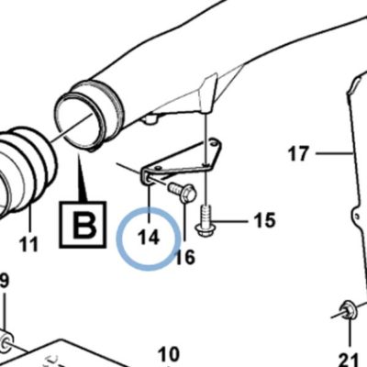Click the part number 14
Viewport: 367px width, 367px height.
point(149,238)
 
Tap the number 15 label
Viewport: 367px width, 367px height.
point(265,220)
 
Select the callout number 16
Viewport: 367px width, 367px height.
point(185,257)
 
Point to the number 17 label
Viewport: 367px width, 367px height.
point(299,153)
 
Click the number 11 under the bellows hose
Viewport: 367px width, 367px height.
point(28,244)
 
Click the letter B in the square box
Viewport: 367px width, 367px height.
point(83,225)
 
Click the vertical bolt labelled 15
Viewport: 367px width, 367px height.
point(206,221)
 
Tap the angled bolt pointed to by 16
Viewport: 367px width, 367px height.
point(182,192)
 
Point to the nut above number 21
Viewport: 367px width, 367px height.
point(348,309)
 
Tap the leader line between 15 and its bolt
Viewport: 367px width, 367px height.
point(229,221)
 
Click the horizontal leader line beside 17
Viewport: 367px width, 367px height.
point(334,153)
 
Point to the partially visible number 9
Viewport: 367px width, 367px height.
point(5,281)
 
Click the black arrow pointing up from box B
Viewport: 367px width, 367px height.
point(82,177)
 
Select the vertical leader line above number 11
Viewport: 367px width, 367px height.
point(30,219)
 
